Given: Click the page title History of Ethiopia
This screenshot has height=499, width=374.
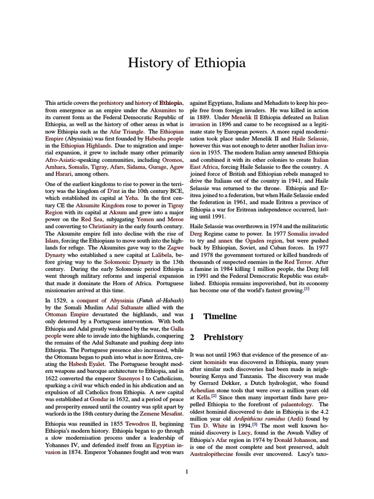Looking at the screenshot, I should [187, 63].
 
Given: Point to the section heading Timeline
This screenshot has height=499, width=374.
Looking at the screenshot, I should [219, 316].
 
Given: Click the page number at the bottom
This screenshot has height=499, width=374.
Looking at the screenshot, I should [187, 471].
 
